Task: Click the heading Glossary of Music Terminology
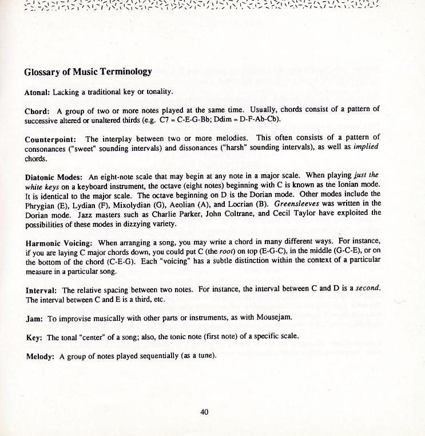(88, 72)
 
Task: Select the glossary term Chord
(37, 111)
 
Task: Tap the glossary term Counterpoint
(50, 139)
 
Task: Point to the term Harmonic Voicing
(57, 243)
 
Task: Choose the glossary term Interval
(41, 290)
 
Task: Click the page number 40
(204, 411)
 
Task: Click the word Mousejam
(276, 317)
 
